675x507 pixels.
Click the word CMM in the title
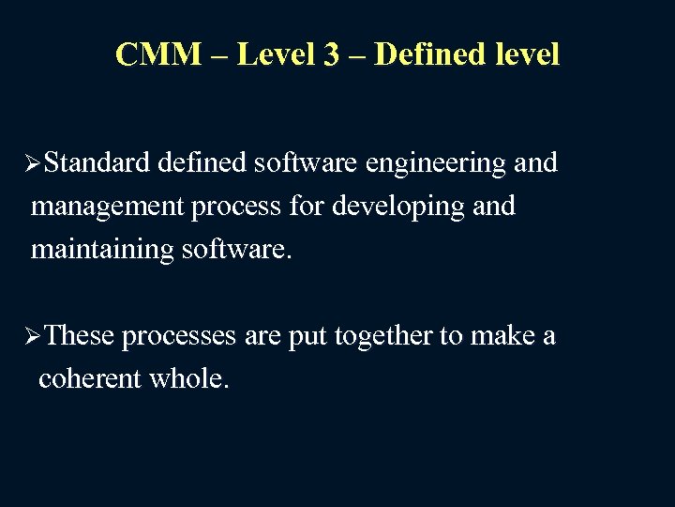pyautogui.click(x=157, y=54)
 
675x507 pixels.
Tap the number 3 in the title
pyautogui.click(x=332, y=54)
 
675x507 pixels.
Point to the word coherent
pyautogui.click(x=89, y=378)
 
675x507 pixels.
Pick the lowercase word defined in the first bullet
pyautogui.click(x=200, y=163)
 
